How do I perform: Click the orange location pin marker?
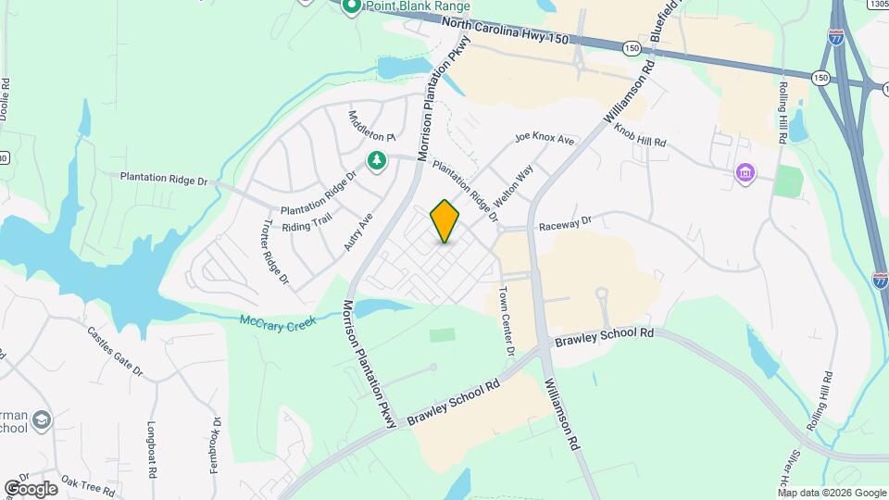click(445, 221)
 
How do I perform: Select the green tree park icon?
click(377, 162)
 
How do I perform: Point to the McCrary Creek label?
click(278, 321)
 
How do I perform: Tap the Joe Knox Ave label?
click(545, 140)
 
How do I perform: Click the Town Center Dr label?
click(507, 321)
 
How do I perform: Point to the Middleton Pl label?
click(371, 125)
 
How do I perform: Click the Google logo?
click(31, 488)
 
